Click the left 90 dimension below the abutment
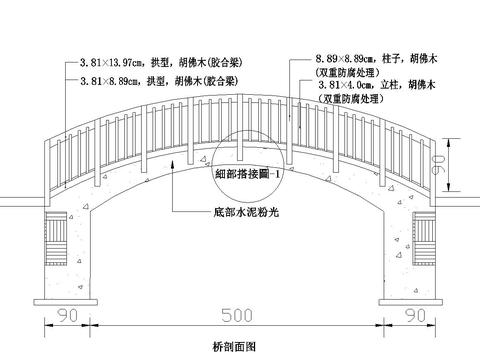click(68, 315)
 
